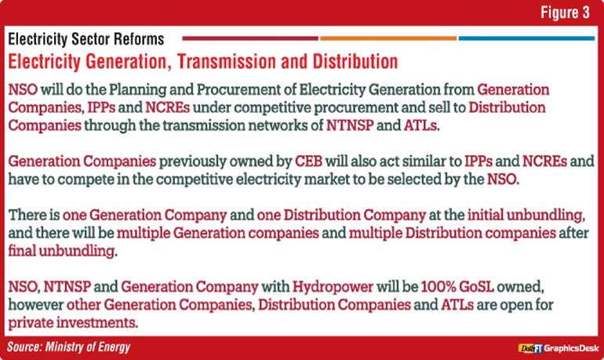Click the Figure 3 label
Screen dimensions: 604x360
[565, 13]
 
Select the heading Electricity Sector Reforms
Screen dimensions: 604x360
[86, 39]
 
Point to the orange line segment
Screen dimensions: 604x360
[388, 38]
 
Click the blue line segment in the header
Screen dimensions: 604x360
[526, 38]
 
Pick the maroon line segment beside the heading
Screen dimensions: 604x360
[250, 38]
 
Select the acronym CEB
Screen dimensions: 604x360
[308, 161]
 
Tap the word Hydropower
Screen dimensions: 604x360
[333, 287]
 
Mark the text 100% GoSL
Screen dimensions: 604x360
[457, 287]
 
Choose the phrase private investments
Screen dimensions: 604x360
[73, 322]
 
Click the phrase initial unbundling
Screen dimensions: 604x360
[526, 215]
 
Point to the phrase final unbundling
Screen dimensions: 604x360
[63, 251]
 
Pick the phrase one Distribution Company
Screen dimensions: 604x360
[341, 215]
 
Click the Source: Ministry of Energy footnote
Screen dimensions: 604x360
[68, 347]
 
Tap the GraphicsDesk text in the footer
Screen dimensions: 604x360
[571, 348]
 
